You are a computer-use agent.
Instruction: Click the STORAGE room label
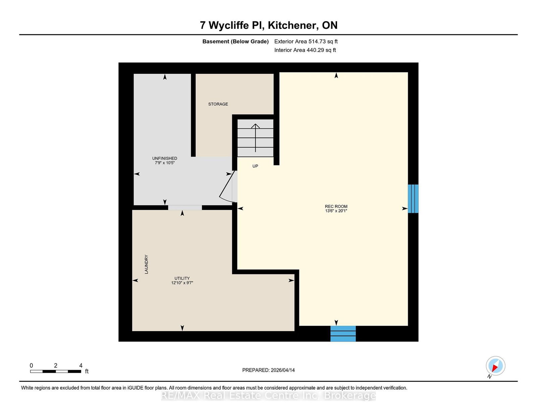218,104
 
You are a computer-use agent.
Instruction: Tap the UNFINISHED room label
164,158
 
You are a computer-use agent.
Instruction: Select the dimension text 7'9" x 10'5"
164,163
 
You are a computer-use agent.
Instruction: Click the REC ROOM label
336,207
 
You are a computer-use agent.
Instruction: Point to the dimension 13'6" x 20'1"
336,211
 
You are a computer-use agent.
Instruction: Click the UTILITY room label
182,278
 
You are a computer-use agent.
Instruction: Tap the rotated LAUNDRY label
146,264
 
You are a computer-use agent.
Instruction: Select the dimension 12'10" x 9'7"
182,283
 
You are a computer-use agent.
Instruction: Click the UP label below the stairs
255,166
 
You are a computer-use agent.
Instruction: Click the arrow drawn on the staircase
255,138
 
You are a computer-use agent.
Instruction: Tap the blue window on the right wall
413,199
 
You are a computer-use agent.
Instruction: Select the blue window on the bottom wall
343,333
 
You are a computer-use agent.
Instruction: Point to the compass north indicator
495,366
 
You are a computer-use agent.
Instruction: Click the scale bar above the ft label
55,371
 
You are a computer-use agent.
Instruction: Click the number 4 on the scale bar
81,365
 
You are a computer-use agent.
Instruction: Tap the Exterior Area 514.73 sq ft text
306,42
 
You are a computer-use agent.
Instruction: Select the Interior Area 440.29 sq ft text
305,50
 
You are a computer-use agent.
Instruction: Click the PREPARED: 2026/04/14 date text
268,370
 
